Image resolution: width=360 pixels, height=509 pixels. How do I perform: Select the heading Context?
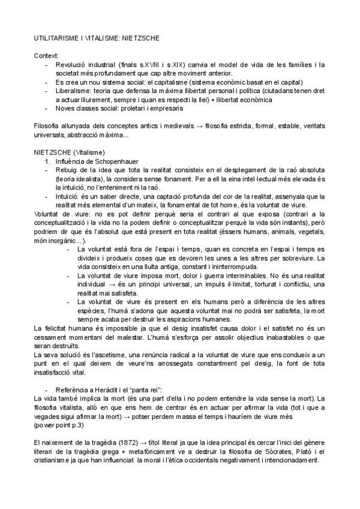(46, 55)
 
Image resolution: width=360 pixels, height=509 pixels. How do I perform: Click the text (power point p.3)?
(59, 424)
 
